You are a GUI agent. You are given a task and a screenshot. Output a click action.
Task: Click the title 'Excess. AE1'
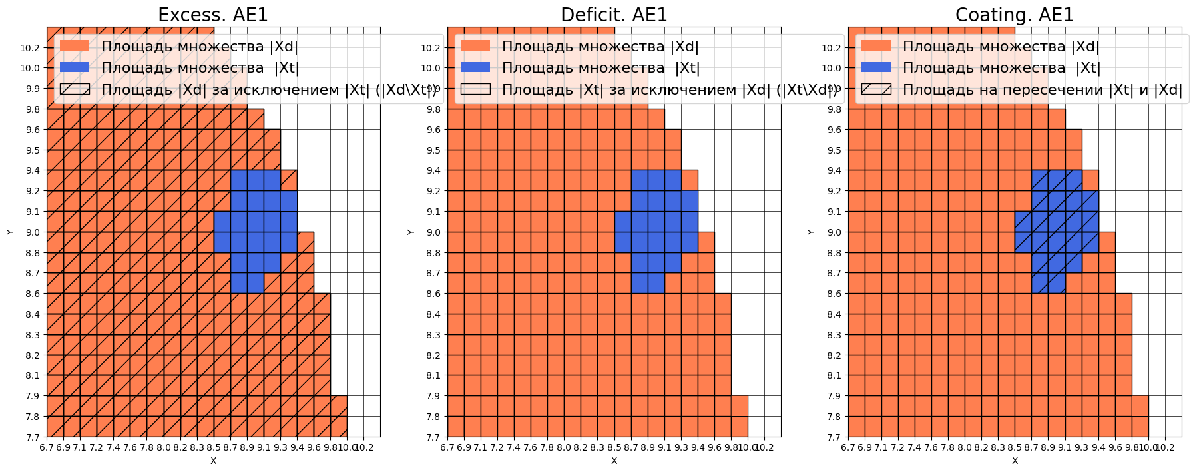pyautogui.click(x=213, y=15)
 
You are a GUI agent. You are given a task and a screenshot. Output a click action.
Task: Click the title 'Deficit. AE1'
pyautogui.click(x=614, y=15)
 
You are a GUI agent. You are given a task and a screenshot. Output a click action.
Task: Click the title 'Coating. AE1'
pyautogui.click(x=1015, y=15)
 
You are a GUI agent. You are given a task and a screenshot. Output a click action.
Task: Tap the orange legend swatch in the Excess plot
pyautogui.click(x=75, y=46)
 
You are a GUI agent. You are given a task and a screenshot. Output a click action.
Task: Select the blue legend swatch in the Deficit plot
pyautogui.click(x=475, y=67)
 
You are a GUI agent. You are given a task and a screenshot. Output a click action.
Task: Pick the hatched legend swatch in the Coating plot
pyautogui.click(x=876, y=89)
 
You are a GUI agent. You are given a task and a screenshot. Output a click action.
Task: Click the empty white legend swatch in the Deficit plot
pyautogui.click(x=475, y=89)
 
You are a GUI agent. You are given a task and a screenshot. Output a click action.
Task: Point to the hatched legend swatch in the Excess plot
pyautogui.click(x=75, y=89)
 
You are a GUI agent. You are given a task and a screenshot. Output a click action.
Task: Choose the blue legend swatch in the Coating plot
pyautogui.click(x=876, y=67)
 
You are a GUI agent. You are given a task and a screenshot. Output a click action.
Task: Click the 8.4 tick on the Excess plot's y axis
pyautogui.click(x=33, y=314)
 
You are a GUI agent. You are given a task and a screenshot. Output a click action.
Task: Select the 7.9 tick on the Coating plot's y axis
pyautogui.click(x=834, y=396)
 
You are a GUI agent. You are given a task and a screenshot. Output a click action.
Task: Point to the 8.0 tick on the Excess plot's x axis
pyautogui.click(x=164, y=447)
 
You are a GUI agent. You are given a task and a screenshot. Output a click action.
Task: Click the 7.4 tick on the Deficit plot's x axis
pyautogui.click(x=514, y=447)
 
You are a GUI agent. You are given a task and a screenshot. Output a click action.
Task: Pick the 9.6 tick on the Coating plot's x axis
pyautogui.click(x=1115, y=447)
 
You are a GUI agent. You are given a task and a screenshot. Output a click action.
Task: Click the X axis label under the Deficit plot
pyautogui.click(x=614, y=461)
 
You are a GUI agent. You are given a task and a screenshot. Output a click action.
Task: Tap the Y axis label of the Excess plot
pyautogui.click(x=10, y=232)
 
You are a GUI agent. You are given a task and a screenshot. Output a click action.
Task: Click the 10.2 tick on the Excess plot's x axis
pyautogui.click(x=363, y=447)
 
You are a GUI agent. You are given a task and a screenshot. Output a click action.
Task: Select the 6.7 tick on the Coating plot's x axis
pyautogui.click(x=848, y=447)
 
